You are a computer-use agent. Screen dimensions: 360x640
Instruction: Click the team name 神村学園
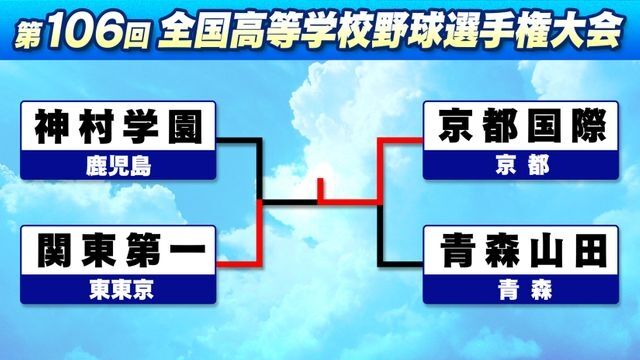click(x=118, y=127)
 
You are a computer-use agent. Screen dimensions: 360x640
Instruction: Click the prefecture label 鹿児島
click(x=118, y=165)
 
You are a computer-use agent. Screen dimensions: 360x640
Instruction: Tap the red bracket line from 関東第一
click(x=240, y=262)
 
